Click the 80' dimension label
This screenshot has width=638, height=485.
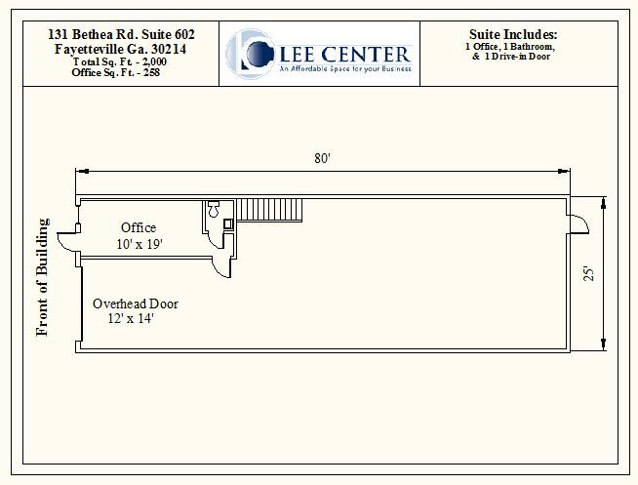point(322,159)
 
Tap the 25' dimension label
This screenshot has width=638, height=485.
point(588,275)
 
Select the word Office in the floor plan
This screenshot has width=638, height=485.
point(139,227)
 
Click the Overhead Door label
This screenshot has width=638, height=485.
point(135,303)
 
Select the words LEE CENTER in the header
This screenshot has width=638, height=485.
point(344,53)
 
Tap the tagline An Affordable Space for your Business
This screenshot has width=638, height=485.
point(344,69)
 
